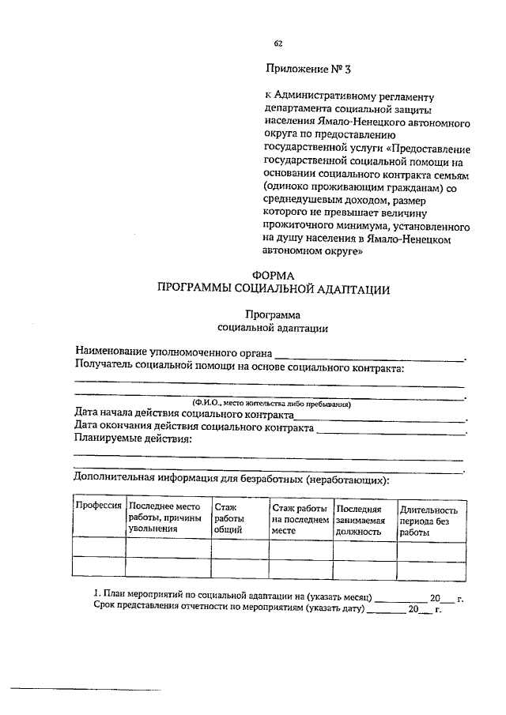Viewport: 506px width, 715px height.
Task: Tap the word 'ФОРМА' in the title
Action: [278, 275]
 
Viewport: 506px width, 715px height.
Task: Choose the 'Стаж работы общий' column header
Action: [228, 518]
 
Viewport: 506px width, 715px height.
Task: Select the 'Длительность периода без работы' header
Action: [428, 521]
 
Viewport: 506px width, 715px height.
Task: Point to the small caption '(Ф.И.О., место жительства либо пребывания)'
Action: [268, 404]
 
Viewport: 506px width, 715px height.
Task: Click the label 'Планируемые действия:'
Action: [132, 440]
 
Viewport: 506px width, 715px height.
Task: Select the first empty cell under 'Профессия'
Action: [97, 547]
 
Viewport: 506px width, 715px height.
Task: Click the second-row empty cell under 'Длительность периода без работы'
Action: [428, 568]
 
